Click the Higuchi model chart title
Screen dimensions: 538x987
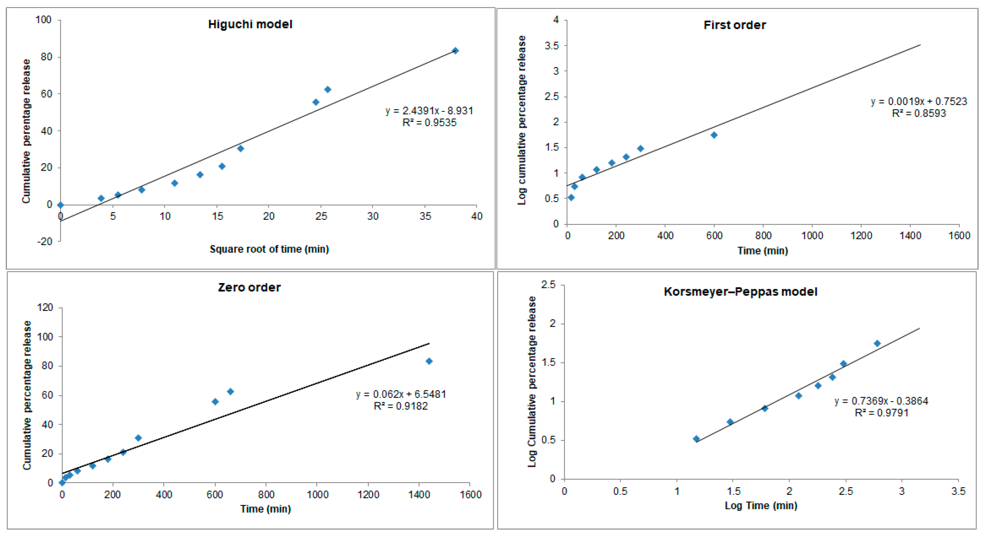pos(250,25)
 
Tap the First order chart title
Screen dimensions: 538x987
pos(735,25)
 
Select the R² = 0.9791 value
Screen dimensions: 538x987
pos(881,413)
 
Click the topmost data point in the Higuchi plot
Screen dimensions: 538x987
pos(455,51)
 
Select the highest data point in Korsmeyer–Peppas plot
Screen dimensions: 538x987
pos(877,343)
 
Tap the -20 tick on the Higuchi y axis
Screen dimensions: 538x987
pos(45,241)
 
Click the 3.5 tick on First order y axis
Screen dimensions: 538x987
pos(552,46)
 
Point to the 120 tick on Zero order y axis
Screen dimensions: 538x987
pos(45,307)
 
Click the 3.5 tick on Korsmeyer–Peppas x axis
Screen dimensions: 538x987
pos(958,491)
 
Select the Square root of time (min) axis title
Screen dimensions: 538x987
pos(269,250)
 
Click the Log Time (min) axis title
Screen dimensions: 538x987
pos(761,506)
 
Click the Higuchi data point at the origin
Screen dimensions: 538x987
pos(60,205)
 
